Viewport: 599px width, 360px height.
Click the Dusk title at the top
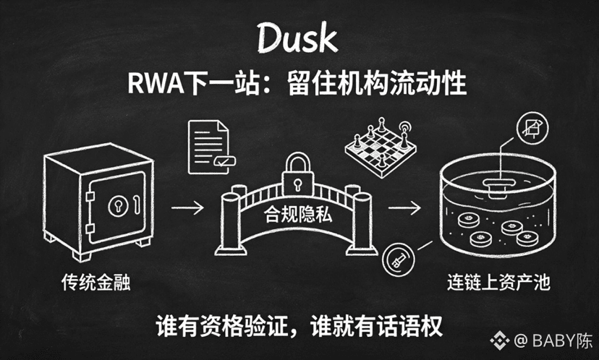click(x=297, y=38)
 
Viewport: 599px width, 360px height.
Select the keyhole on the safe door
click(x=118, y=205)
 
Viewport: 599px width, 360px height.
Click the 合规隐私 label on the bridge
click(x=298, y=215)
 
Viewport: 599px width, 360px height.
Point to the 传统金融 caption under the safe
click(x=96, y=282)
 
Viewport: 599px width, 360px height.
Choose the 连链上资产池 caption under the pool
click(x=498, y=283)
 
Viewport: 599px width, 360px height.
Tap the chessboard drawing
click(x=381, y=148)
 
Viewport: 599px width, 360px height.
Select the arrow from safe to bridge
click(x=187, y=207)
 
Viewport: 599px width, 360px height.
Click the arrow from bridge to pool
click(x=404, y=207)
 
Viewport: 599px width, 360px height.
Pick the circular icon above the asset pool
click(x=532, y=128)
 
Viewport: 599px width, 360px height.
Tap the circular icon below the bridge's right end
click(x=399, y=260)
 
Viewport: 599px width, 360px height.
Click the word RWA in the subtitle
click(x=156, y=83)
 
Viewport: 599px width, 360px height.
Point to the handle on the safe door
click(x=137, y=205)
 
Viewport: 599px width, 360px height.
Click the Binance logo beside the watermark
click(x=500, y=340)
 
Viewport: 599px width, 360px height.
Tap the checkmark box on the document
click(x=224, y=161)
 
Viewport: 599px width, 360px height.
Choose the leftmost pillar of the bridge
click(x=230, y=223)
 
